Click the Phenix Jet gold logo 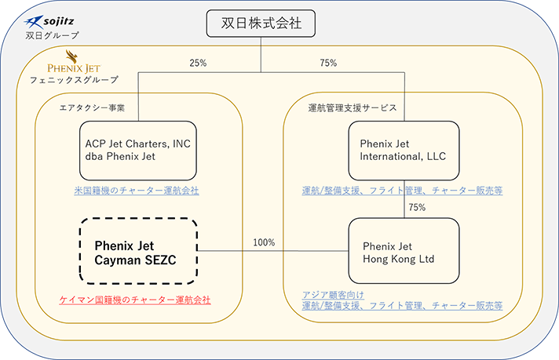click(73, 62)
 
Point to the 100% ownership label click(264, 242)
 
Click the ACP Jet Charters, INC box click(138, 150)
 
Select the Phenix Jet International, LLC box click(404, 150)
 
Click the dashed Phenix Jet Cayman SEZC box click(138, 251)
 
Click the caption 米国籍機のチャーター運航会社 click(137, 190)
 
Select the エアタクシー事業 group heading click(92, 107)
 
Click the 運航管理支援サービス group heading click(352, 107)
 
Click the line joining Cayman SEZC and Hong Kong click(271, 252)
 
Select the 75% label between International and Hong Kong click(417, 208)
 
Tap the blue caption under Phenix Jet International click(402, 190)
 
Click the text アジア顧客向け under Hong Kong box click(330, 294)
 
